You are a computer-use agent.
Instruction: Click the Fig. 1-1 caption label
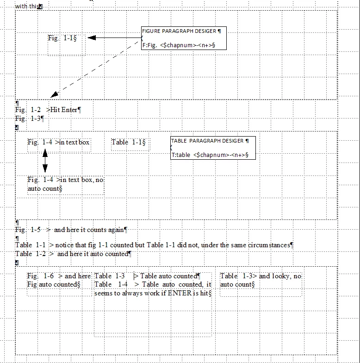point(60,38)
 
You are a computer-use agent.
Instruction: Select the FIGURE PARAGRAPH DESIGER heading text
point(179,31)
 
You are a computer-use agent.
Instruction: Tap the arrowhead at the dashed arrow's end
point(55,94)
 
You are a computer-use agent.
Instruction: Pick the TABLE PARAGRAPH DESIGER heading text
point(209,141)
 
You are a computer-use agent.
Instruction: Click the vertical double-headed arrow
point(45,161)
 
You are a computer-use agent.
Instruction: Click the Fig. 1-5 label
point(28,230)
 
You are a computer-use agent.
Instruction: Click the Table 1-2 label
point(31,254)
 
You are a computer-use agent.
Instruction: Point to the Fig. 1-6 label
point(41,276)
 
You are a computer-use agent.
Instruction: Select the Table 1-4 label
point(111,284)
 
